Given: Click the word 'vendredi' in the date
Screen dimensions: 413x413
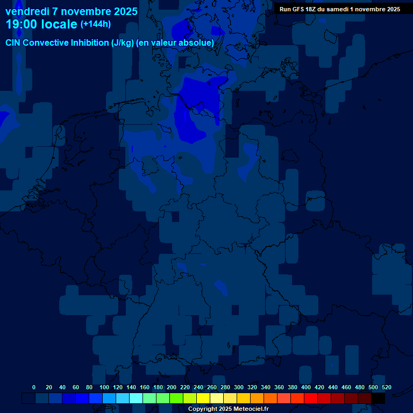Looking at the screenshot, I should (x=27, y=11).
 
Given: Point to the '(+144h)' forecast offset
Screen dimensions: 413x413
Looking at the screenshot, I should (x=95, y=24).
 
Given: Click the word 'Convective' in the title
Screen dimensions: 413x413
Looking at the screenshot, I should (x=47, y=43).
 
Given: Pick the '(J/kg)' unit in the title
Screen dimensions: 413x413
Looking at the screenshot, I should (x=123, y=43).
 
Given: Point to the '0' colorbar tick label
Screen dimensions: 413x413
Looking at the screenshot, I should (x=34, y=387).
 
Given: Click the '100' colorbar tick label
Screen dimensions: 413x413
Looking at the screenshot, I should (x=104, y=387).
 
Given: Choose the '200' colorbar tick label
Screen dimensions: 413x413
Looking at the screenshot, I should (x=172, y=387).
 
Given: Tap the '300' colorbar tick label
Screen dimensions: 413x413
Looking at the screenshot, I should (x=239, y=387).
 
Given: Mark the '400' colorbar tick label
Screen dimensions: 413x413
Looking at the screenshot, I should (x=306, y=387).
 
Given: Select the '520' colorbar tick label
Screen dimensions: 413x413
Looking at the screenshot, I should (x=387, y=387).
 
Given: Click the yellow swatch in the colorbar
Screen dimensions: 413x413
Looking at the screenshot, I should (x=203, y=398).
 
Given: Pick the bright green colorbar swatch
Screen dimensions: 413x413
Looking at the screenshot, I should (x=176, y=398).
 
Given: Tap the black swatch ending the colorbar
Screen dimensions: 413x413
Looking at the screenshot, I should (x=378, y=398).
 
